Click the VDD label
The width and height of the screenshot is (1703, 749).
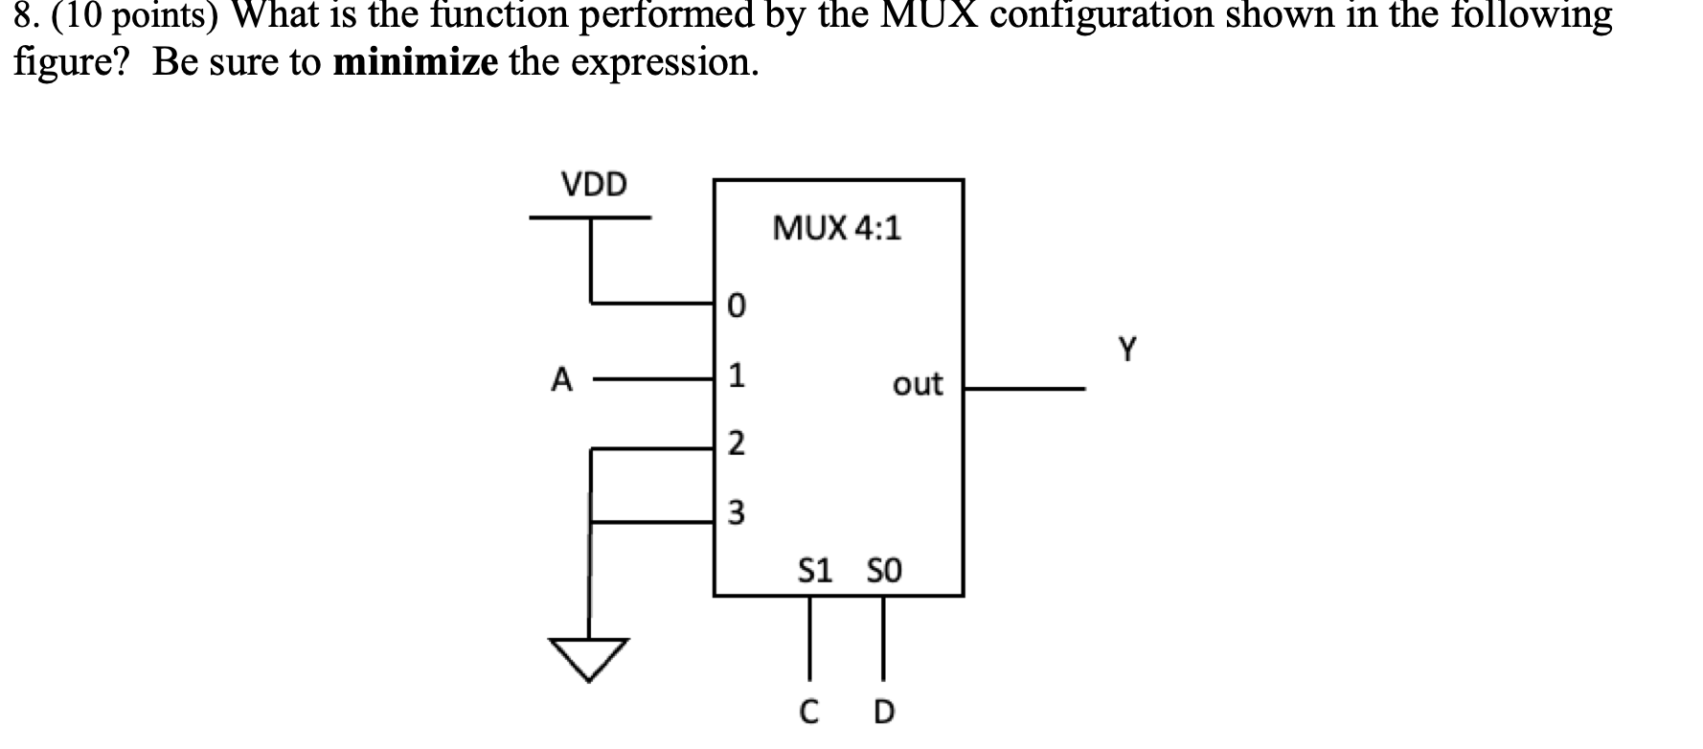[594, 184]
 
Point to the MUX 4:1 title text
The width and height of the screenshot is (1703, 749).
[836, 229]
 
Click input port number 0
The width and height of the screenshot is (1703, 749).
[735, 306]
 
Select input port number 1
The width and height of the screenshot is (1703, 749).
[735, 376]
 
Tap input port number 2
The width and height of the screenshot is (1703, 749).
[735, 444]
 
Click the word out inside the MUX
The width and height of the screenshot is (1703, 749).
[917, 385]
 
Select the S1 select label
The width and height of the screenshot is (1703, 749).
[815, 572]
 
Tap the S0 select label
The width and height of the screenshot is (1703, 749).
[883, 572]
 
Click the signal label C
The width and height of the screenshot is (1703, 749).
[808, 713]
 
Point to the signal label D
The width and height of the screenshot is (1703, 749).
[883, 713]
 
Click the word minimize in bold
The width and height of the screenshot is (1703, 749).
[416, 62]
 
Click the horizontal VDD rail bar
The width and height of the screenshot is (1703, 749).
[590, 217]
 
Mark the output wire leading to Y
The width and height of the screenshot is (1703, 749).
[1024, 389]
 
